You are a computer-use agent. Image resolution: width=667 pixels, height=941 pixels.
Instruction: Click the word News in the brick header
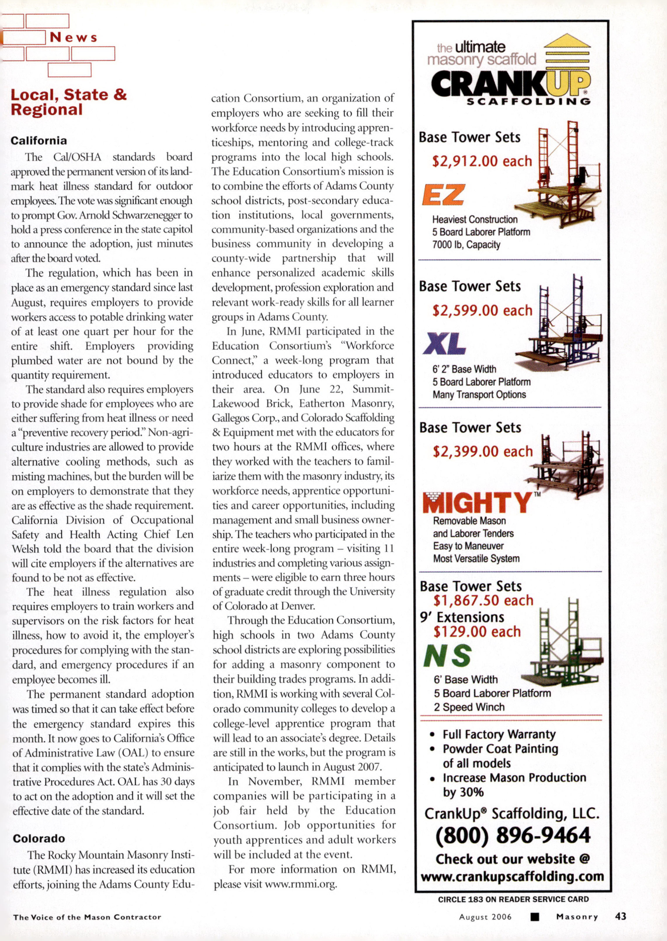point(73,37)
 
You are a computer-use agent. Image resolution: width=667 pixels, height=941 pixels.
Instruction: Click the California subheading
point(39,141)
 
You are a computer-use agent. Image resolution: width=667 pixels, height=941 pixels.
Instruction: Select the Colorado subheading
point(39,838)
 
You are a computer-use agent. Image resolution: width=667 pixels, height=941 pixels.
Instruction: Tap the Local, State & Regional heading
point(69,102)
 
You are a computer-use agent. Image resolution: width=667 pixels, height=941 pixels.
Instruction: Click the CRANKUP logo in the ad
point(510,84)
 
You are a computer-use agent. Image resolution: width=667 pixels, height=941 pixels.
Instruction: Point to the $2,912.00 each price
point(482,161)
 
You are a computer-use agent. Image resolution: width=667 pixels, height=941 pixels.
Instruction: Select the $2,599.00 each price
point(482,310)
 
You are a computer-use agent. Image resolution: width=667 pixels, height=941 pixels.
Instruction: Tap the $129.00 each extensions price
point(477,632)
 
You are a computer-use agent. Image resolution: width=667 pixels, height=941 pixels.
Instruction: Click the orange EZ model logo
point(443,195)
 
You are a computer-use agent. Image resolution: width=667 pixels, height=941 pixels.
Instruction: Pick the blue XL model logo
point(444,344)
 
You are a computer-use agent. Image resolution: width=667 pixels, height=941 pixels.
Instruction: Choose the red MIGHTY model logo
point(477,503)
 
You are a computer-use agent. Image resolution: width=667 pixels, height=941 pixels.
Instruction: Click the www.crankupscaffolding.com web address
point(512,876)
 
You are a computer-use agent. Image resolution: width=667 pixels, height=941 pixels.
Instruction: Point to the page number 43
point(620,916)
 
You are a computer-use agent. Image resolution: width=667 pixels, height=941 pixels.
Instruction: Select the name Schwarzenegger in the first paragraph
point(147,215)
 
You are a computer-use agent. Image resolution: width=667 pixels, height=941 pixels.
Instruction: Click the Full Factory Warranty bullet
point(499,734)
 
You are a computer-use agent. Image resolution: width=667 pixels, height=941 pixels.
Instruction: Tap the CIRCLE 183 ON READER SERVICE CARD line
point(513,899)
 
